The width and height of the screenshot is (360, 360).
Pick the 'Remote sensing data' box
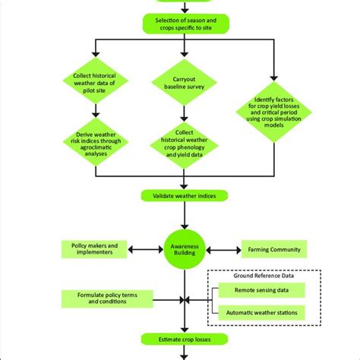[261, 289]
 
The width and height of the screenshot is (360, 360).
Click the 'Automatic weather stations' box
[261, 312]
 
